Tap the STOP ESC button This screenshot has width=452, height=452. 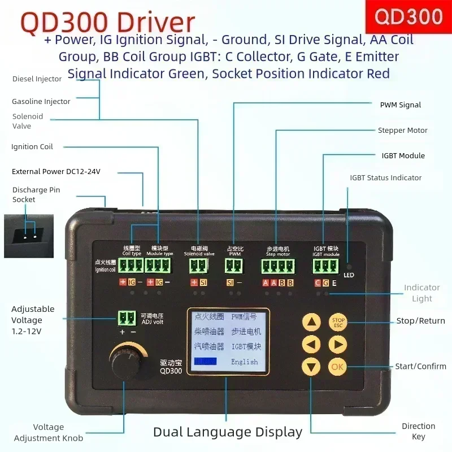[338, 323]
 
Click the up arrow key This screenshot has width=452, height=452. [311, 323]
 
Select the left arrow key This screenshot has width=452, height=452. [311, 344]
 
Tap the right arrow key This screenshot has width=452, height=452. [338, 344]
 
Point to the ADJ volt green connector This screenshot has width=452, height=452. [127, 318]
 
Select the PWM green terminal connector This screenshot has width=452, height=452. [234, 266]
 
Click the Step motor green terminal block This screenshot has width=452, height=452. [277, 266]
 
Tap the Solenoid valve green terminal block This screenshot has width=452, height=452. [198, 266]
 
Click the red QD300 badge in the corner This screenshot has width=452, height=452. [408, 16]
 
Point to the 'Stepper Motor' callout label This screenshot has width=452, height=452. [402, 131]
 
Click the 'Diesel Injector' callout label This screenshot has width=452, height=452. [37, 79]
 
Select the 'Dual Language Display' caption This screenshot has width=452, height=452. [228, 432]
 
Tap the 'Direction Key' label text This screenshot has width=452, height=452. [418, 431]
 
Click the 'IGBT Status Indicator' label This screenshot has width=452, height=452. [385, 178]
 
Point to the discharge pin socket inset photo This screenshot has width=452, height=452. [28, 236]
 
